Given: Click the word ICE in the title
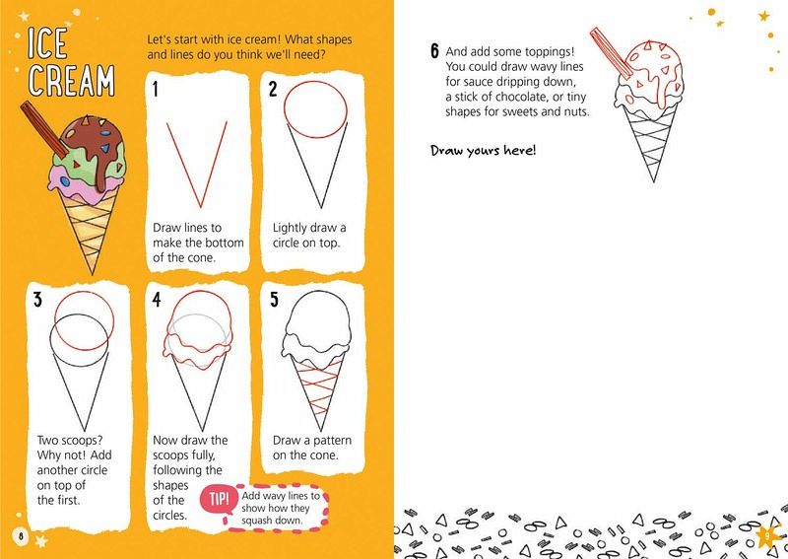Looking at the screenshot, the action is tap(47, 43).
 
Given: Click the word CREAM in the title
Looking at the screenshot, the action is tap(71, 80).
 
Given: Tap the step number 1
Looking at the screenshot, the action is tap(156, 89).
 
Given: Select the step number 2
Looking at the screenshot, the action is tap(273, 89).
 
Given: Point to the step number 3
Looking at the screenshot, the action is tap(37, 300).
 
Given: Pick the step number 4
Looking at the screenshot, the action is tap(157, 300).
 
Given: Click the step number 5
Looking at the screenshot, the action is tap(274, 300).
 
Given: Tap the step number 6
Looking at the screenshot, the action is tap(434, 51).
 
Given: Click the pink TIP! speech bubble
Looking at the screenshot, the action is tap(219, 499).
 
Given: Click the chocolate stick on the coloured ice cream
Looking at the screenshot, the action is tap(44, 129).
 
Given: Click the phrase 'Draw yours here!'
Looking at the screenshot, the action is tap(484, 151).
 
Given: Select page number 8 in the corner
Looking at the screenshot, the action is tap(21, 535).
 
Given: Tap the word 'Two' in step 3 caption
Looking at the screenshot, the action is tap(47, 440).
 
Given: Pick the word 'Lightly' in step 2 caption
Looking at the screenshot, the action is tap(290, 228).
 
